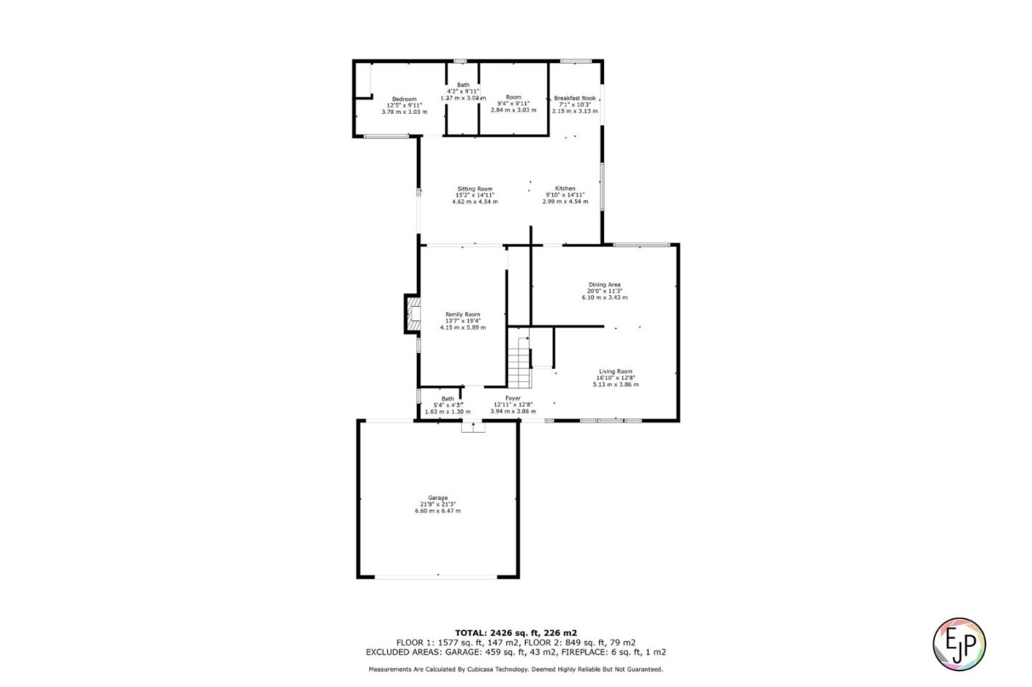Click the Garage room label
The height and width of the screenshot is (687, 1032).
[x=438, y=498]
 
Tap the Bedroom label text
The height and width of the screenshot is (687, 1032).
[x=403, y=99]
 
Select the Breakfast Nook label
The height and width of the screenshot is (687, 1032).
[x=574, y=98]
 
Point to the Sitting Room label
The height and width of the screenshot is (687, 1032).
[x=474, y=189]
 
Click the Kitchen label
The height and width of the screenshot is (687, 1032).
[x=565, y=189]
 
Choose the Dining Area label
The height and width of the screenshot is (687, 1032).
[x=604, y=284]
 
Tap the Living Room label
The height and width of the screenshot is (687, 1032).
[x=615, y=371]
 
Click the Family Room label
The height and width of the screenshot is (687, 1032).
[x=462, y=314]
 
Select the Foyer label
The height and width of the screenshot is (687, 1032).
[x=512, y=398]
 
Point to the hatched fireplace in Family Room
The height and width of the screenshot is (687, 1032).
[x=414, y=314]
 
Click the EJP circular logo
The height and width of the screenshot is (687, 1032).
[x=959, y=643]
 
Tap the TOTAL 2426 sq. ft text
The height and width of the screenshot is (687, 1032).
[x=515, y=633]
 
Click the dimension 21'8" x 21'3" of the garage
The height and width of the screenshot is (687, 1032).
[x=438, y=504]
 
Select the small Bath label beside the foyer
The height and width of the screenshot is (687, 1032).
[x=447, y=399]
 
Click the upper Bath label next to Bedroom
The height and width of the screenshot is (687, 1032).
[x=463, y=85]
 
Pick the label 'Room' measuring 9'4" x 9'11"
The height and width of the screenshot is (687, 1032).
[x=513, y=97]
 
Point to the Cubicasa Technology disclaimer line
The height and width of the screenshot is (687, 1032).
[x=515, y=669]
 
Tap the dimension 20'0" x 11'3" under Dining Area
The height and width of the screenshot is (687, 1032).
[x=604, y=291]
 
